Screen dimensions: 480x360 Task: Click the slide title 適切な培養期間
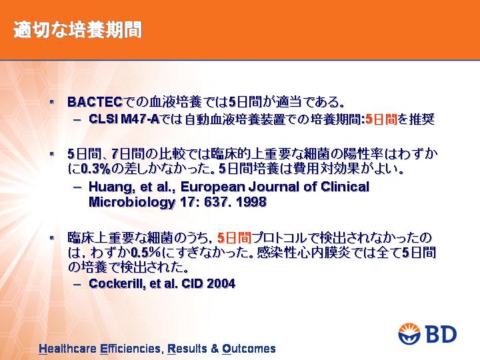coord(78,30)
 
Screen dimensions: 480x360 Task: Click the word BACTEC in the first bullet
coord(95,102)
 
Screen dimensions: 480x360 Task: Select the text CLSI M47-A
coord(124,119)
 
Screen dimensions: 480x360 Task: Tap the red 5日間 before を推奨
coord(381,119)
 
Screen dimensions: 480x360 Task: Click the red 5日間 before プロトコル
coord(234,238)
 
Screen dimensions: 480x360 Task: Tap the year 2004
coord(221,283)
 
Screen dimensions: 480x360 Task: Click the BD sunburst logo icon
coord(409,334)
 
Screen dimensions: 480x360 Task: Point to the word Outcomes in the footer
coord(249,349)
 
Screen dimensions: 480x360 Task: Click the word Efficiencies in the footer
coord(130,349)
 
